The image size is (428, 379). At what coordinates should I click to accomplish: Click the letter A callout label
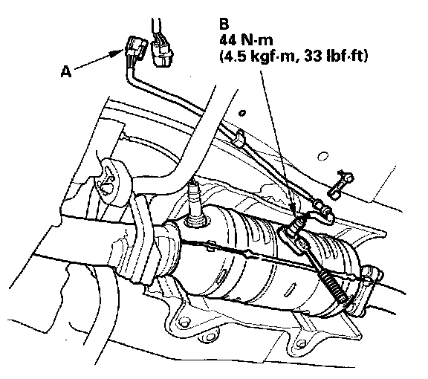tap(66, 72)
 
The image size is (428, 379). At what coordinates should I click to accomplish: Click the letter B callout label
tap(224, 24)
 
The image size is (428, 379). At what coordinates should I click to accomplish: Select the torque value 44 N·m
tap(246, 40)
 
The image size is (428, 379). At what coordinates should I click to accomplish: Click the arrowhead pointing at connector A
tap(117, 53)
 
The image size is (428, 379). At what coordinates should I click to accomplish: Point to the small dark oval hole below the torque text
tap(241, 112)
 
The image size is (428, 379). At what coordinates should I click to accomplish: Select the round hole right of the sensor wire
tap(322, 156)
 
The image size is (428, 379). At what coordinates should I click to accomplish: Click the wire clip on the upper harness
tap(239, 138)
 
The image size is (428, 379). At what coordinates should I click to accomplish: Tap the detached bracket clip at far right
tap(340, 184)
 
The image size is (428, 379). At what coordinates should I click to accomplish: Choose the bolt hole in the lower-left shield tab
tap(185, 320)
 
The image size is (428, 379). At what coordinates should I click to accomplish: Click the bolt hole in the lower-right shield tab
tap(301, 343)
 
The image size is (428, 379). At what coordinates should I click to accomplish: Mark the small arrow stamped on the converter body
tap(290, 290)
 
